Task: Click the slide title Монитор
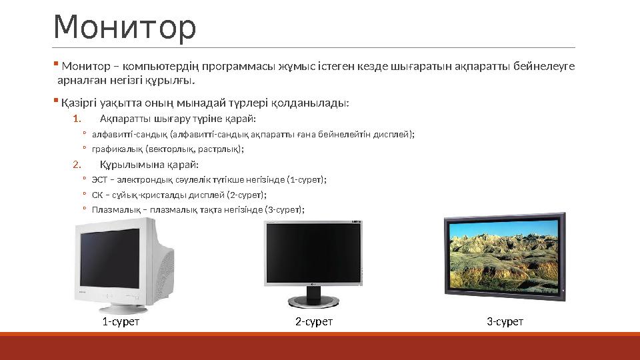(125, 28)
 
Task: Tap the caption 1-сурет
(121, 322)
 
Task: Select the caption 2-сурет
(314, 322)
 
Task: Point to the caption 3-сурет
(505, 322)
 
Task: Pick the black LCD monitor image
(313, 257)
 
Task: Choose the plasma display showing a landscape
(504, 255)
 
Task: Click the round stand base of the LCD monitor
(313, 302)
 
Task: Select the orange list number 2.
(76, 165)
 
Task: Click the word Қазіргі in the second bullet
(77, 103)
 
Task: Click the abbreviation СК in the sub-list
(97, 195)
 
